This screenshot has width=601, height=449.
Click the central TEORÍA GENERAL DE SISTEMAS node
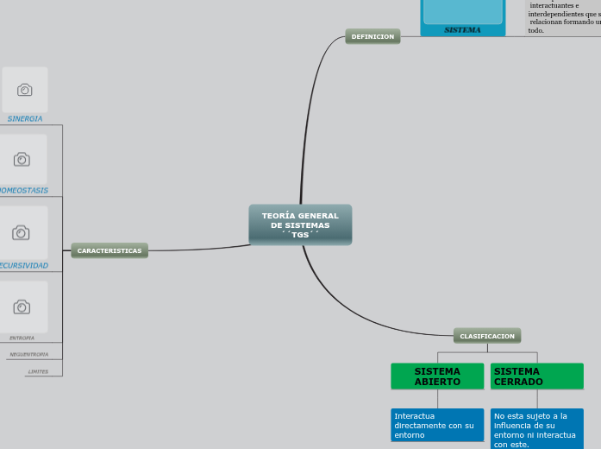[300, 224]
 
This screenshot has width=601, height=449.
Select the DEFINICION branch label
[372, 36]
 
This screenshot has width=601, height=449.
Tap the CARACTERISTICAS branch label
[110, 250]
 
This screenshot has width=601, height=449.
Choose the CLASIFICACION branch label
[487, 336]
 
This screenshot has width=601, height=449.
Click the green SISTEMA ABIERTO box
[437, 376]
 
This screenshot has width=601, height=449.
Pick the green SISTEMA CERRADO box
[536, 376]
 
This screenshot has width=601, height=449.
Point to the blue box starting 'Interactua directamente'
[437, 425]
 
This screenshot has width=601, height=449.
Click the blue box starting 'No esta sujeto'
[536, 429]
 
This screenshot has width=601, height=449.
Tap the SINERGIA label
[25, 118]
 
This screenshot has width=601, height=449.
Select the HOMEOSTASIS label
[23, 190]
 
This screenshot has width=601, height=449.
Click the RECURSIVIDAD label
[23, 265]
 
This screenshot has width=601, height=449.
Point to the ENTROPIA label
[22, 338]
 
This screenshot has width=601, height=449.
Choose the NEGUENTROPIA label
[29, 354]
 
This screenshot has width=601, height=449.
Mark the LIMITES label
[38, 371]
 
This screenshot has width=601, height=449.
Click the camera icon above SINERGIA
[25, 90]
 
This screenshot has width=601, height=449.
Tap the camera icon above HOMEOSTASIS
[22, 159]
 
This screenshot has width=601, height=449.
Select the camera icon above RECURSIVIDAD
[22, 232]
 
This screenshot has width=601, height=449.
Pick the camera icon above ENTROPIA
[22, 307]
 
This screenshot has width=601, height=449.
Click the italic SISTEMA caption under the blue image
[462, 29]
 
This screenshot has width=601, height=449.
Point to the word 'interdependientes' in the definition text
[561, 14]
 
